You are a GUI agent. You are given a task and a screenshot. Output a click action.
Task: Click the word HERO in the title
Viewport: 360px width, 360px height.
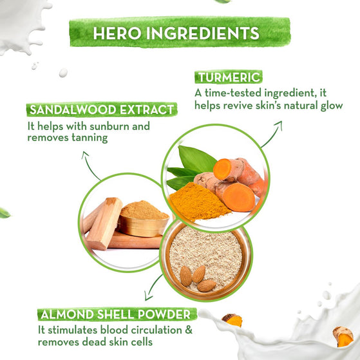[117, 33]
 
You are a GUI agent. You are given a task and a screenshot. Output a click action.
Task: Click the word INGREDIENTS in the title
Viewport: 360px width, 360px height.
[203, 33]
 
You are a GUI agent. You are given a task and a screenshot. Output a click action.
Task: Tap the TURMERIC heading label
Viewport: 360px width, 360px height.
[229, 77]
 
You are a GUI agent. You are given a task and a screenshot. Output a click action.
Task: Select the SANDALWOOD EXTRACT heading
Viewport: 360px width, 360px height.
[102, 109]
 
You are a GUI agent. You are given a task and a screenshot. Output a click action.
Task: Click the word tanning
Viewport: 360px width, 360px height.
[90, 138]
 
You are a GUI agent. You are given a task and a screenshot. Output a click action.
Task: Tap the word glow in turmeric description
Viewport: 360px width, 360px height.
[332, 106]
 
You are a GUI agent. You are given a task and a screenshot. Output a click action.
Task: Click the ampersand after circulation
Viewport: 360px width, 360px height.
[189, 330]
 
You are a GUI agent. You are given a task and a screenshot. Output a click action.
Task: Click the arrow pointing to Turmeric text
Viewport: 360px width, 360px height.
[272, 134]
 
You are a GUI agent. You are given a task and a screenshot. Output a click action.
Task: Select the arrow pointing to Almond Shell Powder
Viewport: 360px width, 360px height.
[153, 288]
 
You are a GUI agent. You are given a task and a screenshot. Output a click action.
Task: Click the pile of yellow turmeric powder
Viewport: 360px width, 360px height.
[198, 202]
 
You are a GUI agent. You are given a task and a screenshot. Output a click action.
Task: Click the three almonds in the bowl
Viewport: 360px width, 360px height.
[198, 278]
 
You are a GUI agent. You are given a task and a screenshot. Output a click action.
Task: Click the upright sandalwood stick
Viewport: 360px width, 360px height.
[105, 223]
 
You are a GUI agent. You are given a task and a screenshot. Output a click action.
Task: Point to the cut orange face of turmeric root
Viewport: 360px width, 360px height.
[238, 198]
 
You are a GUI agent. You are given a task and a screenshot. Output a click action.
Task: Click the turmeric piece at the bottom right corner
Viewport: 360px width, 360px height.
[343, 336]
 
